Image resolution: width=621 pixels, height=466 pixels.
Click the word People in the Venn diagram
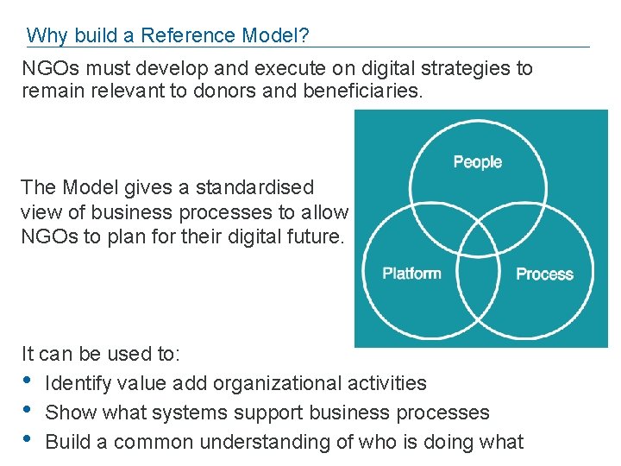[477, 162]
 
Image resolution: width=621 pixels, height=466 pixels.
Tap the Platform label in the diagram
[411, 274]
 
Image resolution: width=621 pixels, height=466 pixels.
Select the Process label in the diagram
[544, 274]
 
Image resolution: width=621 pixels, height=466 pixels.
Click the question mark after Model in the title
[304, 35]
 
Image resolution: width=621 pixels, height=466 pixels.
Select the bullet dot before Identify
[27, 381]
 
